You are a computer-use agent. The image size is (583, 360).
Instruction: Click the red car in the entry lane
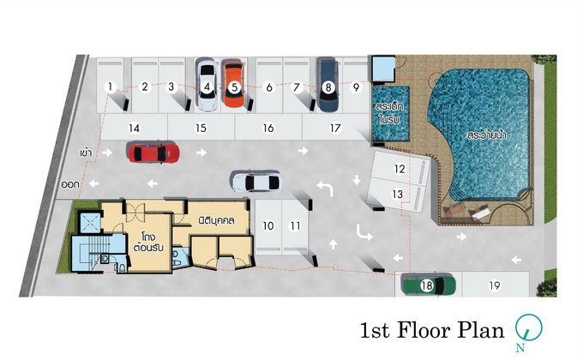(x=153, y=152)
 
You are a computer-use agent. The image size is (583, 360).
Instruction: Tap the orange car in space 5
(x=233, y=84)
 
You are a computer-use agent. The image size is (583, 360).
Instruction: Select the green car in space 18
(x=429, y=285)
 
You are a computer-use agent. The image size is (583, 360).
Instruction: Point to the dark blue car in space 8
(x=328, y=85)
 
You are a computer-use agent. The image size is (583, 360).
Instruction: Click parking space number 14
(x=134, y=128)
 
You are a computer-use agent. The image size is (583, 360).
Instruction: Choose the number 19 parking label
(x=494, y=285)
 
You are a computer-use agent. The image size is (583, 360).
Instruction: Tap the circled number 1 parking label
(x=110, y=87)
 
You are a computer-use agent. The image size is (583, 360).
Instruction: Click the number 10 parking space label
(x=268, y=225)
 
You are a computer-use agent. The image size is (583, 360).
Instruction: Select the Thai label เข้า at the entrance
(x=86, y=153)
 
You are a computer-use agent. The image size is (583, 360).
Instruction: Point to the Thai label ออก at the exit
(x=70, y=184)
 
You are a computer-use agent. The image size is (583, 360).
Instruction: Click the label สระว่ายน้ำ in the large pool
(x=487, y=135)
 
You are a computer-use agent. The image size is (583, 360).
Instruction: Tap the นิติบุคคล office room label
(x=216, y=220)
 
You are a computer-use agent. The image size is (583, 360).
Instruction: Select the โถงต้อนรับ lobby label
(x=148, y=242)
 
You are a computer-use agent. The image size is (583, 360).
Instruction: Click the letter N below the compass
(x=520, y=348)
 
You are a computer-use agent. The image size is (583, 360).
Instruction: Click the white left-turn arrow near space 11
(x=325, y=189)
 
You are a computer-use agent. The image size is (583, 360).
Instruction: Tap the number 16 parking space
(x=268, y=128)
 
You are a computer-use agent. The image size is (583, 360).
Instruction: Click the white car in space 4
(x=207, y=85)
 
